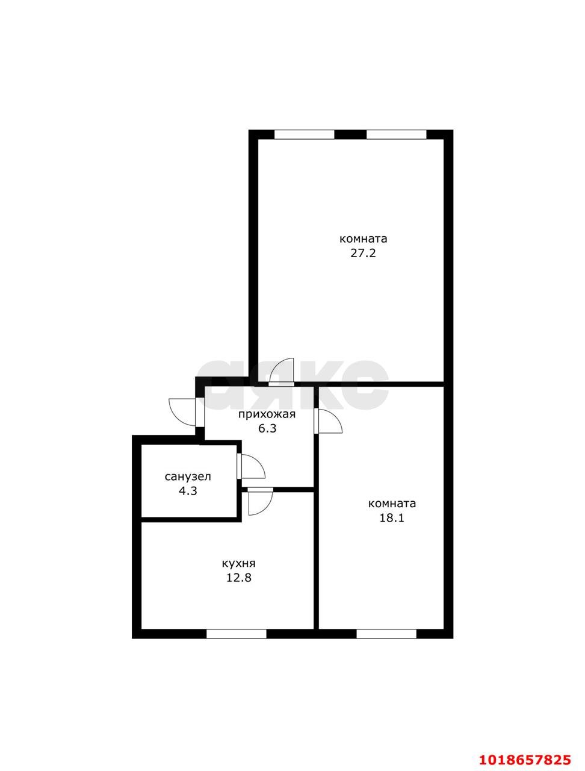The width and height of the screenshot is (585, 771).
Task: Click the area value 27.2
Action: [x=362, y=253]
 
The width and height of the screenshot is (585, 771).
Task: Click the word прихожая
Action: [x=267, y=414]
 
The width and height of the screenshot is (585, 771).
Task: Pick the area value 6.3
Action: [x=267, y=428]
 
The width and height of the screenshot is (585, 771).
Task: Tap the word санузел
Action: [x=188, y=476]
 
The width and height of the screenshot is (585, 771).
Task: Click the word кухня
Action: [x=238, y=564]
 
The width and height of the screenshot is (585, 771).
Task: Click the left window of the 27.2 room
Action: [x=304, y=134]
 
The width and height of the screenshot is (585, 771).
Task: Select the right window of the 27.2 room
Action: [x=396, y=134]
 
